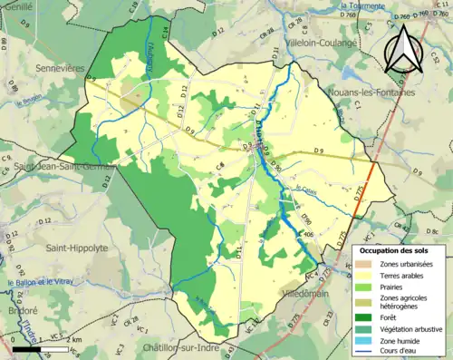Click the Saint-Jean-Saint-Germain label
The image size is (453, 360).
click(63, 167)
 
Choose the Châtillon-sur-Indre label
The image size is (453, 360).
click(179, 347)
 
